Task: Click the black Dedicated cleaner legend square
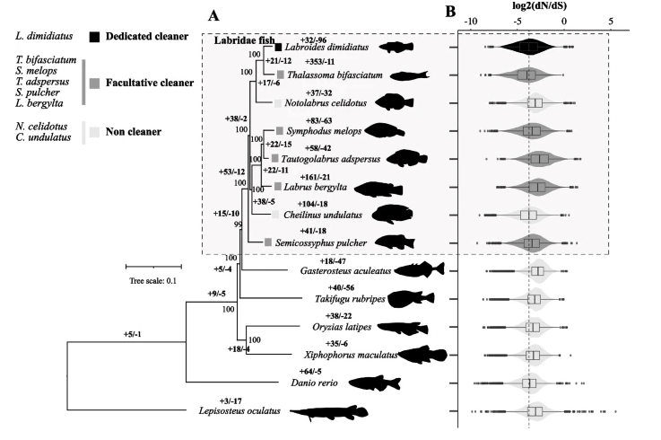click(x=94, y=38)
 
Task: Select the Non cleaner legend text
click(x=134, y=132)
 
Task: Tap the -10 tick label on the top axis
click(x=473, y=21)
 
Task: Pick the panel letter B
click(x=449, y=13)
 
